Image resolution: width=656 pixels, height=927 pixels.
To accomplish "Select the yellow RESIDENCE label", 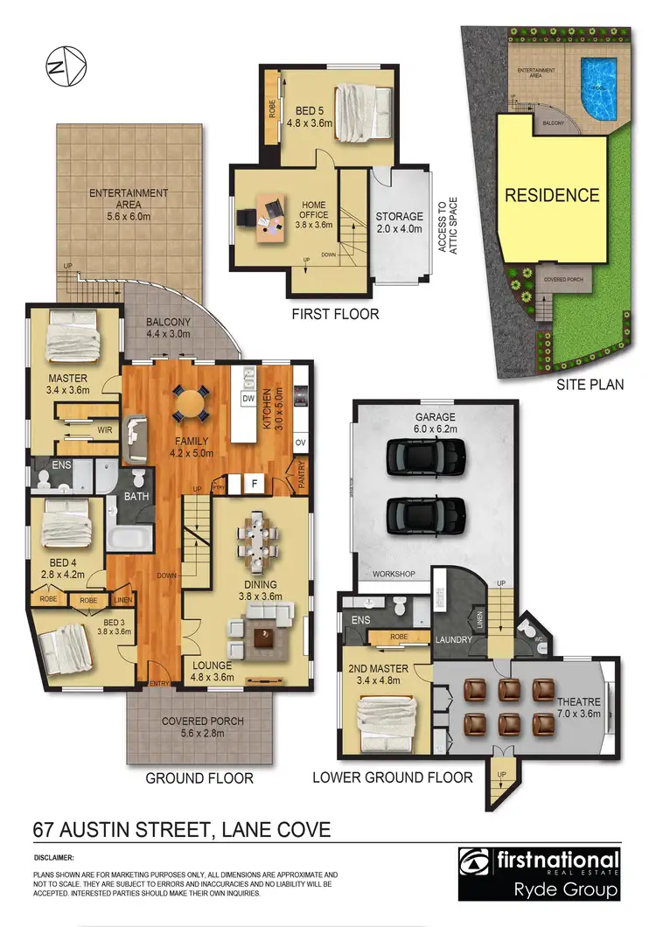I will pos(552,194).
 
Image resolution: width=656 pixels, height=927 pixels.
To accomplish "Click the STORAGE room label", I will pos(399,216).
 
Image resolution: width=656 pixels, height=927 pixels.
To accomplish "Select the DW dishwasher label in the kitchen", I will pos(248,399).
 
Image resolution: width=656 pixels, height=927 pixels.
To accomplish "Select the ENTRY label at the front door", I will pos(160,682).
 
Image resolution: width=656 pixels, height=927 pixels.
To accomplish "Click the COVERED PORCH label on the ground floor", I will pos(204,721).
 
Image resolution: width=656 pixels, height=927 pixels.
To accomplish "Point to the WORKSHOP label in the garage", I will pos(393,575).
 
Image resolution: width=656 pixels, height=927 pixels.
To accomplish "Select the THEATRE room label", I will pos(578,701).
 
